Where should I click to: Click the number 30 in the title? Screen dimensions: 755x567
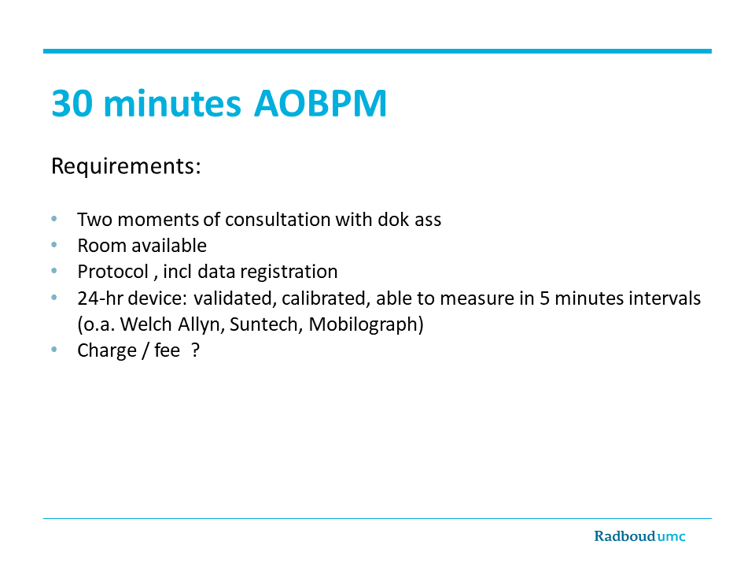72,103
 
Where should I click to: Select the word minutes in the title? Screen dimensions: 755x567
172,103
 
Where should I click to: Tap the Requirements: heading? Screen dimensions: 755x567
126,166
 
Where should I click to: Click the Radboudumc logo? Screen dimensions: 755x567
639,536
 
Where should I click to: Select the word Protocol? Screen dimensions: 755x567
113,272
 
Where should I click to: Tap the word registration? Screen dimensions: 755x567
289,272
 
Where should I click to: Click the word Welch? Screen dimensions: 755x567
146,324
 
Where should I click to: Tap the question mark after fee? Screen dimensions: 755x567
195,350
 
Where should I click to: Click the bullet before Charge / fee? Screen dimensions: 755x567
54,350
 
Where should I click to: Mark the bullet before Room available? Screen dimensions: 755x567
54,245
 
